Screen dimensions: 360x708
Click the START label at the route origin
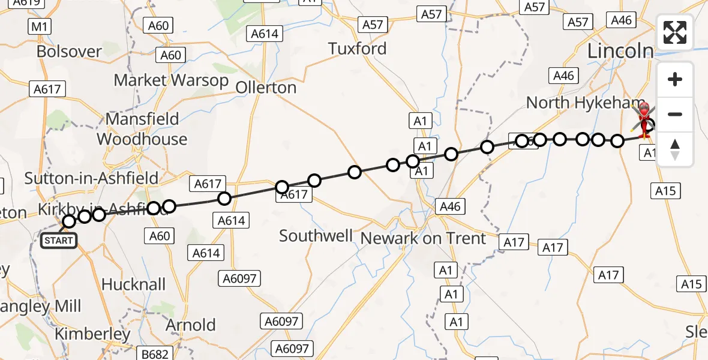coord(58,241)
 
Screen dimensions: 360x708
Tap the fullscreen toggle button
coord(675,32)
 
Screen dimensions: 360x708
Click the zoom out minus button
coord(675,114)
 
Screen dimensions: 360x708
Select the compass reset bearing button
coord(675,149)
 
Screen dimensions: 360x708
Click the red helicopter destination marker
coord(644,118)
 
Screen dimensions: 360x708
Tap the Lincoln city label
coord(620,51)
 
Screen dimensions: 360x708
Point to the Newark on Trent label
coord(423,238)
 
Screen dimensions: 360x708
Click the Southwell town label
coord(316,236)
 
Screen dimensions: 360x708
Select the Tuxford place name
coord(357,49)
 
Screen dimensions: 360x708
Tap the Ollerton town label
coord(266,88)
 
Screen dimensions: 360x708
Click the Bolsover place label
coord(69,52)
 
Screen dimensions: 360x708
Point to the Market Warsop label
coord(171,80)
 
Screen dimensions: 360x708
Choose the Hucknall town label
coord(133,284)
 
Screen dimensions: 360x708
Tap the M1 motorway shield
coord(40,26)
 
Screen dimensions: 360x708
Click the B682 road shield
coord(155,354)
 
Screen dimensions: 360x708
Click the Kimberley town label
coord(92,334)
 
